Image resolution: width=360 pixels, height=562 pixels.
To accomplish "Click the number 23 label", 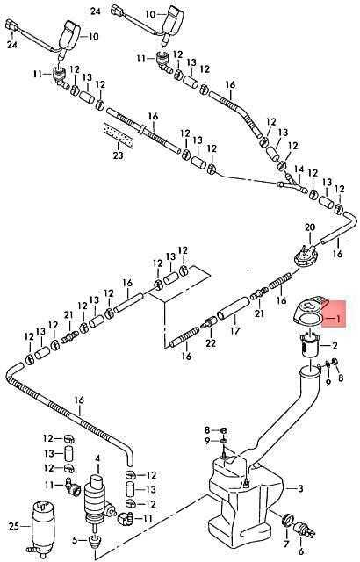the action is pos(118,156).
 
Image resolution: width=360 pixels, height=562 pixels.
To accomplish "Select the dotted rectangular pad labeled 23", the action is pos(119,136).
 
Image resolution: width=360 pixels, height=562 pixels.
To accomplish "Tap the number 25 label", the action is pos(14,527).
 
